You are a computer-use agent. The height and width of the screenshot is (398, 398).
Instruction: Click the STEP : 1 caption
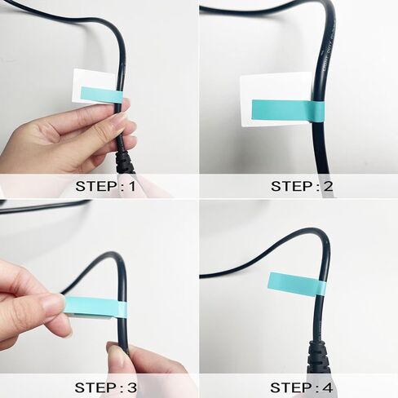click(106, 186)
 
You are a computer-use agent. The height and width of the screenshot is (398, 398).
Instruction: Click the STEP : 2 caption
click(302, 186)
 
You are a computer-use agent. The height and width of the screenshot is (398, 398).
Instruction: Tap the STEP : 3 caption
click(106, 386)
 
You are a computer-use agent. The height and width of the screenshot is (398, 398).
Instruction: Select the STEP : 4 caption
click(302, 386)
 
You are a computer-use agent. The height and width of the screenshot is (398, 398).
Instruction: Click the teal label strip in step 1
click(102, 95)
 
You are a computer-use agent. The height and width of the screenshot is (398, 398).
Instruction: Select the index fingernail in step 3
click(54, 304)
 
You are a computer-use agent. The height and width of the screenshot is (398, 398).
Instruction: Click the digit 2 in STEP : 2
click(328, 186)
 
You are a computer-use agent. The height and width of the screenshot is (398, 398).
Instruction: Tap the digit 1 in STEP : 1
click(133, 186)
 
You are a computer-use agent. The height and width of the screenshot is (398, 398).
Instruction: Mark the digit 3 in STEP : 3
click(133, 386)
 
